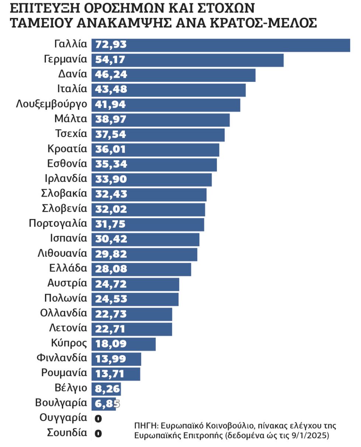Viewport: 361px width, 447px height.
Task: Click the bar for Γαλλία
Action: [x=221, y=45]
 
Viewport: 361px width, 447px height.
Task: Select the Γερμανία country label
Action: [x=66, y=59]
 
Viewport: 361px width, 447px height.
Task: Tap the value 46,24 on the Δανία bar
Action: [x=111, y=74]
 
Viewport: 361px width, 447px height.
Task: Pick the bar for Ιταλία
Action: [x=168, y=90]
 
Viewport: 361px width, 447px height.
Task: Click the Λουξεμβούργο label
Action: [x=52, y=104]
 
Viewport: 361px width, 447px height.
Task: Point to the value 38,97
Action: [x=111, y=119]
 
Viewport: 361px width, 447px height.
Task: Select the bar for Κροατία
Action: [x=155, y=150]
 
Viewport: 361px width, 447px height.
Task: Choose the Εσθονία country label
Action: [x=67, y=164]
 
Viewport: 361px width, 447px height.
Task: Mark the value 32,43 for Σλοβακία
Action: [x=111, y=194]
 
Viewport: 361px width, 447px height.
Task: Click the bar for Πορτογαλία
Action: [x=148, y=224]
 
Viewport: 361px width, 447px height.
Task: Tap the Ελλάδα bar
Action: [x=141, y=269]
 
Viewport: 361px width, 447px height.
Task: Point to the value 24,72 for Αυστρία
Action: [x=111, y=284]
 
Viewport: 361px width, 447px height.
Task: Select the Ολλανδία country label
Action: [x=63, y=313]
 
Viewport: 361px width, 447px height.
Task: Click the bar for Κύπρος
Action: [x=123, y=344]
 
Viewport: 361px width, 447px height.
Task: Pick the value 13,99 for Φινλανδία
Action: [x=111, y=359]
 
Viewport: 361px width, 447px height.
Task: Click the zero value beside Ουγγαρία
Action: [x=98, y=419]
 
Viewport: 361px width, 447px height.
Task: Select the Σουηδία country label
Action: [x=67, y=433]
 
